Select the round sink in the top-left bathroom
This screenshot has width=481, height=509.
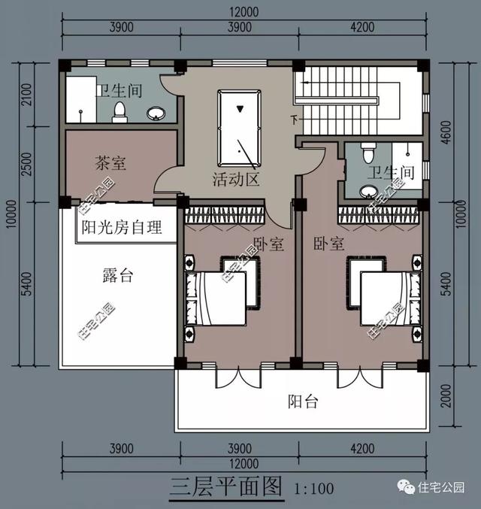156,114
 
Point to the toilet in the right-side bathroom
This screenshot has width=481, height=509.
368,153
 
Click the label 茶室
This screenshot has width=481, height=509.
110,162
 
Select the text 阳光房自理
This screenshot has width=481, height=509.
121,227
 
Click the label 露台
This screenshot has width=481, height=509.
117,275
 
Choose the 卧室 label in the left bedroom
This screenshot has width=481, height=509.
268,244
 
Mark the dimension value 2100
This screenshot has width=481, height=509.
26,95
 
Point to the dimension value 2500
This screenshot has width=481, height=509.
26,165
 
